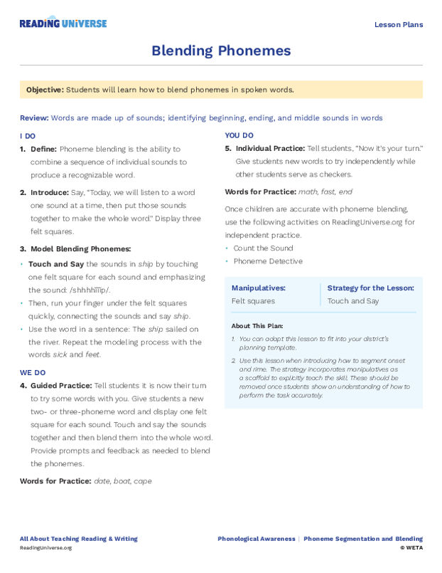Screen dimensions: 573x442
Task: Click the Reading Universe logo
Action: tap(63, 23)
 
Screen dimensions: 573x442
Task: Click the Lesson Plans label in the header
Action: tap(398, 25)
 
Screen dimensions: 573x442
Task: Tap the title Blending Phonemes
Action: tap(221, 51)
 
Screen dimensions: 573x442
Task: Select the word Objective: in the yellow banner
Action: tap(45, 90)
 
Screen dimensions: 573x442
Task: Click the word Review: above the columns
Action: tap(34, 117)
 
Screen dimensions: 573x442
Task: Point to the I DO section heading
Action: tap(28, 135)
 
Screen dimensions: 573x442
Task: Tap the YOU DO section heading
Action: tap(239, 135)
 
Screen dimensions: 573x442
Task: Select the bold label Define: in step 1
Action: tap(43, 149)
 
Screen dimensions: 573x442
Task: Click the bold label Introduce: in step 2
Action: tap(49, 192)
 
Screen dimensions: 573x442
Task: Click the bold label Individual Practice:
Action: tap(270, 149)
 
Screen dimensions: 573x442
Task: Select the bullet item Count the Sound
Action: tap(263, 248)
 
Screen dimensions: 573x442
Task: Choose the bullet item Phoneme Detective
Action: tap(267, 261)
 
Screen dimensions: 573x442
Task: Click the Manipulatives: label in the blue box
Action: tap(259, 288)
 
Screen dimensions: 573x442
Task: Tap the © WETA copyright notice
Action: tap(411, 548)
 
